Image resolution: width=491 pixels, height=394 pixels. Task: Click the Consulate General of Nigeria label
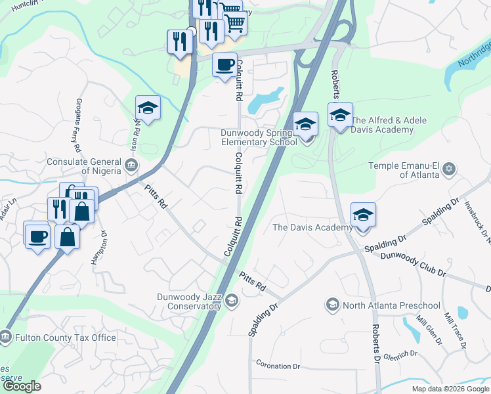click(83, 166)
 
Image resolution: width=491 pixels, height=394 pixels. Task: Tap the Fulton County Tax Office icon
click(5, 338)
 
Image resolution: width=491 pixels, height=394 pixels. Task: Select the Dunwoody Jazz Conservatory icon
click(231, 300)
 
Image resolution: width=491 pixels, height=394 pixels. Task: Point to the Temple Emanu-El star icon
click(449, 169)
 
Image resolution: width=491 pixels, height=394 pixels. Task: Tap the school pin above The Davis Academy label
click(363, 215)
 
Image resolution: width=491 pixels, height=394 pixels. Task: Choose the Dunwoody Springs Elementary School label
click(259, 137)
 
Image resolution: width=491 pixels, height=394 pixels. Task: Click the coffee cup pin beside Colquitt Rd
click(224, 65)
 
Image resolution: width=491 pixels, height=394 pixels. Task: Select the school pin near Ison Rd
click(148, 108)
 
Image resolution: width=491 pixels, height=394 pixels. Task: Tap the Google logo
click(22, 386)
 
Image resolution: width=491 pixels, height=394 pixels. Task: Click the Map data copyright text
click(450, 389)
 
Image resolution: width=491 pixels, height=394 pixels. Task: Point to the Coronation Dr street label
click(278, 366)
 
